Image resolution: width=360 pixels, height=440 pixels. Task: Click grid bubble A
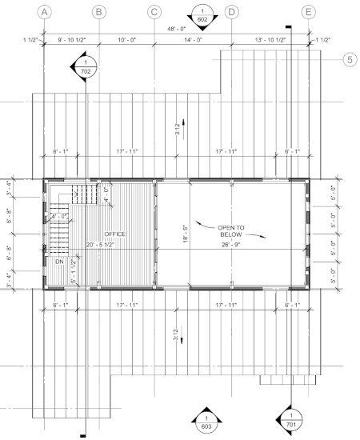46,11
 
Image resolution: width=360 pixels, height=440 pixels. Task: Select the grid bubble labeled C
154,11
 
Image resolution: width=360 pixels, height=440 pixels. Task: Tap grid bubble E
308,11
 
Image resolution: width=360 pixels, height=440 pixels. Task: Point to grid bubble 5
349,59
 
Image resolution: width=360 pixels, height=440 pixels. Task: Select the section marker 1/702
86,66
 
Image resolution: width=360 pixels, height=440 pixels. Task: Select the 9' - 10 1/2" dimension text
72,40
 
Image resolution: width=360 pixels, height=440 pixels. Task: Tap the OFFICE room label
115,234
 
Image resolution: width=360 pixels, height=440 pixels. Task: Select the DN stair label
59,262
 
